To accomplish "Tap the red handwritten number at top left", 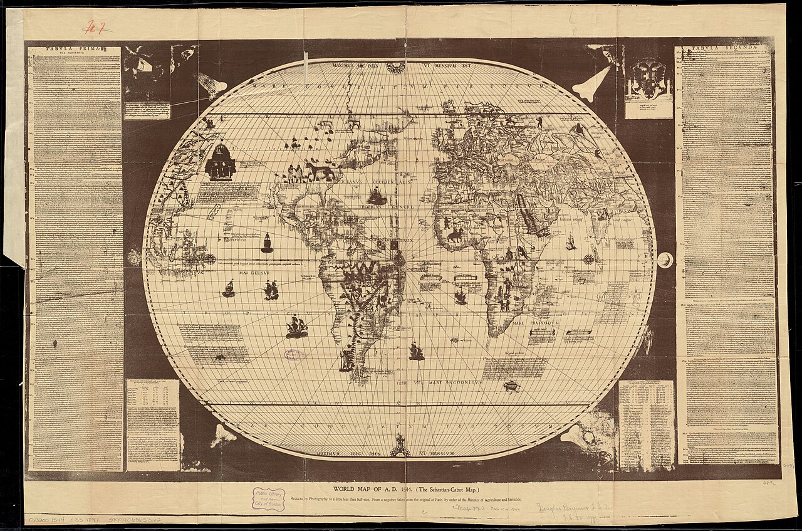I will pyautogui.click(x=96, y=27).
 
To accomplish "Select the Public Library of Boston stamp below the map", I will pyautogui.click(x=269, y=499).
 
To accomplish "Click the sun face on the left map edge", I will pyautogui.click(x=133, y=257).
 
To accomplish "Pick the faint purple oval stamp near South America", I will pyautogui.click(x=293, y=355).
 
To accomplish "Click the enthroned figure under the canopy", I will pyautogui.click(x=220, y=162).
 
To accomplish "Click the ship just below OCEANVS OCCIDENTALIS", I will pyautogui.click(x=377, y=197).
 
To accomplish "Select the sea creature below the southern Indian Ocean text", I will pyautogui.click(x=512, y=386).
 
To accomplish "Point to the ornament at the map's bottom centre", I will pyautogui.click(x=399, y=447).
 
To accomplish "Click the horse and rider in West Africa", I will pyautogui.click(x=454, y=235).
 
